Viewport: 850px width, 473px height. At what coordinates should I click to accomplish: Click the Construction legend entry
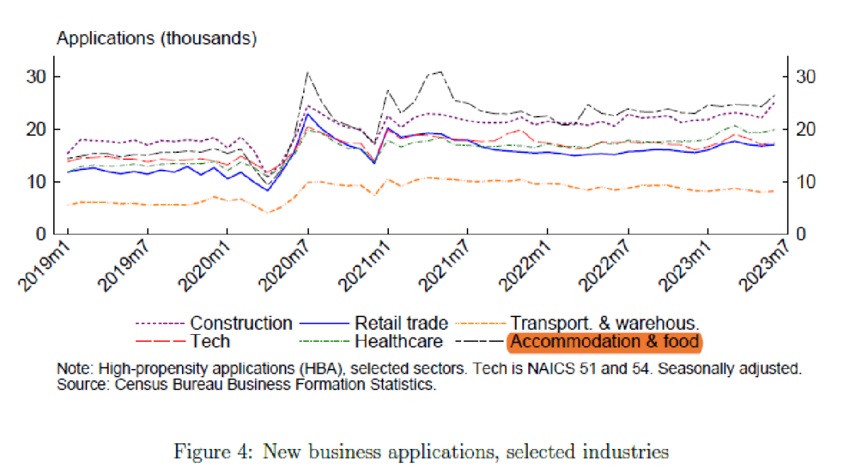tap(241, 324)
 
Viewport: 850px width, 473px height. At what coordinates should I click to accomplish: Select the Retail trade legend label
tap(401, 324)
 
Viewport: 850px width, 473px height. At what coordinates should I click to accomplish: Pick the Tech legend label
tap(210, 341)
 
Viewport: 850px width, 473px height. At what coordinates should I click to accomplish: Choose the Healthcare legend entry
tap(398, 341)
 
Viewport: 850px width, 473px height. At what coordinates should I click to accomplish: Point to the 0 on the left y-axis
tap(47, 234)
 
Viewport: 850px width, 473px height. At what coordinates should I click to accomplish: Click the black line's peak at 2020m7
tap(307, 72)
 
